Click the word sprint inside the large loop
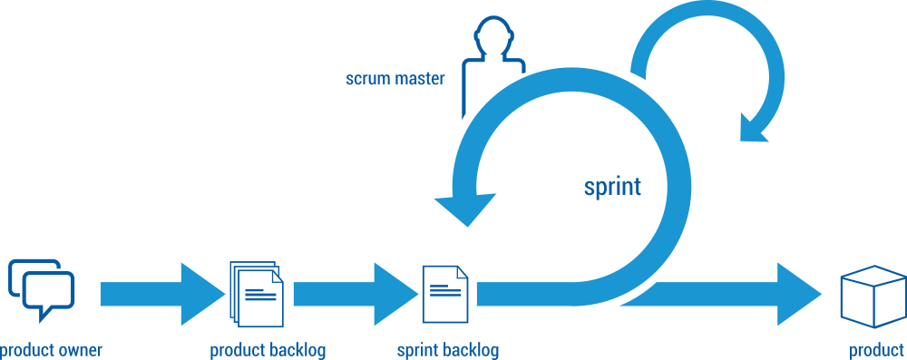pos(612,187)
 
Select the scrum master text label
pos(395,79)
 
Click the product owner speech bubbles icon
pos(41,289)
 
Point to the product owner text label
pos(51,350)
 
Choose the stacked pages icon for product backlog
pos(257,292)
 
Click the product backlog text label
pos(268,350)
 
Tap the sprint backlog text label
pos(448,350)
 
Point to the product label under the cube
pos(877,350)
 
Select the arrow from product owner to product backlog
pos(160,294)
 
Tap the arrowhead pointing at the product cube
pos(798,294)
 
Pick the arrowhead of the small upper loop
pos(757,127)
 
